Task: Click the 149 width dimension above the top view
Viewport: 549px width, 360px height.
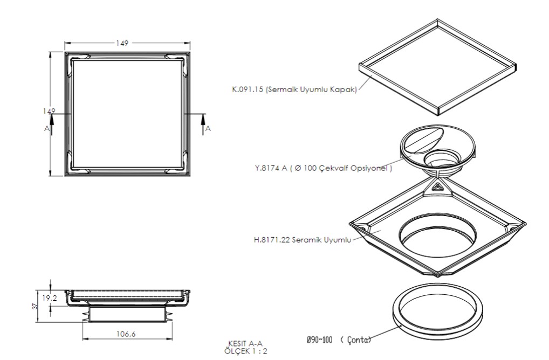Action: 122,43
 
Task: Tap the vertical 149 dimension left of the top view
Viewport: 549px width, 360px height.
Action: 49,111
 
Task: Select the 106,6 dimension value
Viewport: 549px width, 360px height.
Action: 126,334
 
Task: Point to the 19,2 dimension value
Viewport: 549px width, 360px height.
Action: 50,298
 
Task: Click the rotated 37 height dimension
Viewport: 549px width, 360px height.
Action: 35,306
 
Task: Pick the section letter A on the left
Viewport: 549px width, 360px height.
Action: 46,129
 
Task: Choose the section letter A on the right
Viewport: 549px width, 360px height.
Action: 208,128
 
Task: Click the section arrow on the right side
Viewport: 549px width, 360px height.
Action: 203,125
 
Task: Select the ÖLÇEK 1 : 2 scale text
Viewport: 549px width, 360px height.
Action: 246,350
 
